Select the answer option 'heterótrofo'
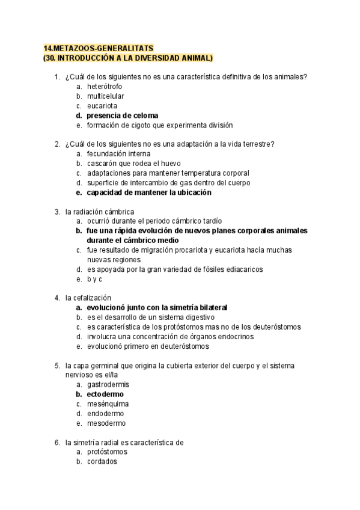tap(106, 86)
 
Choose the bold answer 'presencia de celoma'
tap(123, 115)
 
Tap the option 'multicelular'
tap(106, 96)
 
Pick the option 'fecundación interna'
tap(118, 154)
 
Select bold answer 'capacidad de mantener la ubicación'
tap(148, 193)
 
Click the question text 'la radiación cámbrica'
tap(100, 212)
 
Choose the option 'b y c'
tap(95, 280)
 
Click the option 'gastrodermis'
tap(108, 384)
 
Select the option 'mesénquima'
tap(108, 404)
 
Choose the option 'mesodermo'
tap(106, 423)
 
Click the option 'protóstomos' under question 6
tap(107, 452)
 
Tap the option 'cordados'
tap(102, 462)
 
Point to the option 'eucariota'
tap(102, 106)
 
